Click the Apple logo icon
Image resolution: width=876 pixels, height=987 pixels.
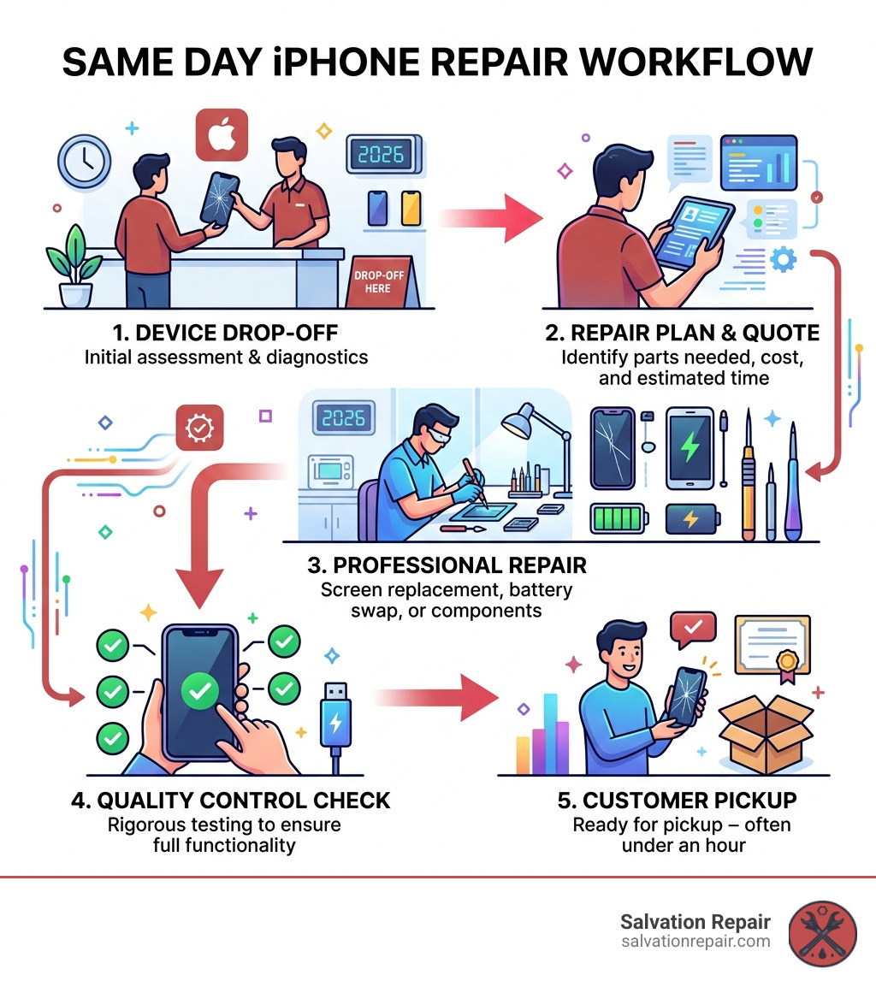tap(222, 134)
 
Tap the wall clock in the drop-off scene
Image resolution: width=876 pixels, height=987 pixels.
tap(85, 161)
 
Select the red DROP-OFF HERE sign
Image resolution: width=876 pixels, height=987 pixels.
tap(379, 281)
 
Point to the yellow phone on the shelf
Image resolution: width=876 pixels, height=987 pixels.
tap(411, 209)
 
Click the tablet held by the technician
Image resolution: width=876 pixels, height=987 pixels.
tap(694, 233)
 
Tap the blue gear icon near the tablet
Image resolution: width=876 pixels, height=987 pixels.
tap(783, 259)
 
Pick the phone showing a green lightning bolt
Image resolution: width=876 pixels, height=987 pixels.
tap(690, 448)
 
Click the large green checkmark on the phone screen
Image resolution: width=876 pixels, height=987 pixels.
tap(199, 690)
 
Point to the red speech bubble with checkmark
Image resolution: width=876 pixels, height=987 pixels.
tap(693, 629)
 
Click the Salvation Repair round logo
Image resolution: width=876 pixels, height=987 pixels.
tap(822, 933)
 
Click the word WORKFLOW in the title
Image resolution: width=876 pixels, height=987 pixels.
tap(695, 62)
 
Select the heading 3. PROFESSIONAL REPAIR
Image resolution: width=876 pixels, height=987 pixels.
tap(447, 565)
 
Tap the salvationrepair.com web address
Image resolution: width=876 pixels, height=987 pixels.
tap(695, 942)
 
